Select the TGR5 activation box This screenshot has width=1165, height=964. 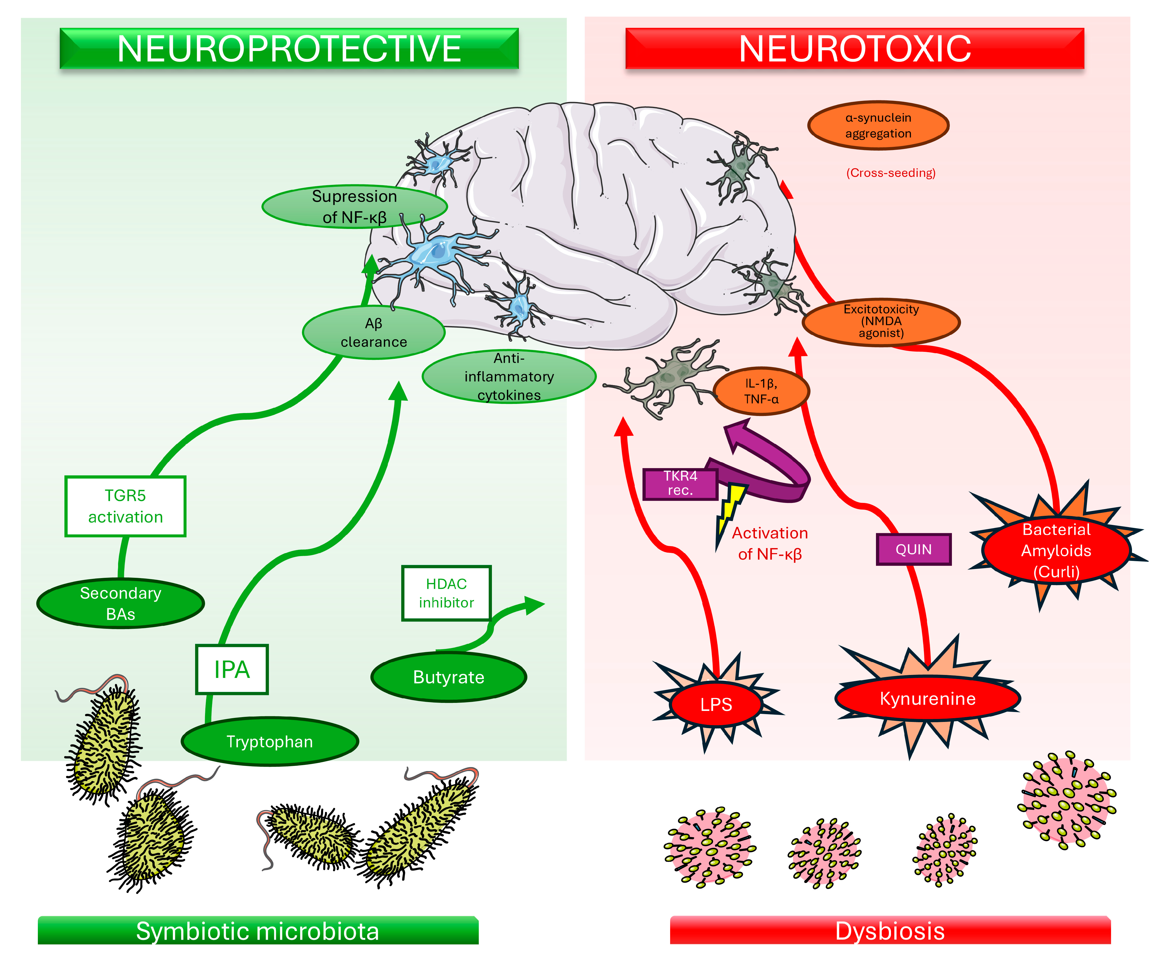point(125,506)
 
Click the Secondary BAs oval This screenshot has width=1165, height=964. point(120,604)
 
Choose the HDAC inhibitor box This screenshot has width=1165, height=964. point(447,593)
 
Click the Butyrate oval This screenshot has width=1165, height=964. point(449,677)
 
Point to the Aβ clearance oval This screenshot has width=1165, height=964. point(374,332)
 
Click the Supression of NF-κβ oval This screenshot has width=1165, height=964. point(355,206)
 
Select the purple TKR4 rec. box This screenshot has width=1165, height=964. point(680,484)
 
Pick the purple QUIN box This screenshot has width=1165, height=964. point(914,549)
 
